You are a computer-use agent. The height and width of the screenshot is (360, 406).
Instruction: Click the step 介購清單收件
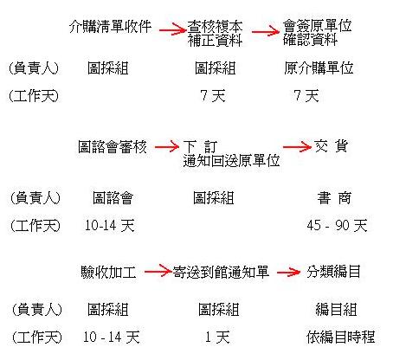click(x=110, y=27)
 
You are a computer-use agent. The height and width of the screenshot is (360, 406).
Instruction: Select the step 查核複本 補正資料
click(x=215, y=34)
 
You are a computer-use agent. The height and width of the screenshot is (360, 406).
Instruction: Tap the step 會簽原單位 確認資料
click(x=317, y=33)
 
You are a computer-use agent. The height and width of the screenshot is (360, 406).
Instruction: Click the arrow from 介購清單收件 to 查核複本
click(x=172, y=30)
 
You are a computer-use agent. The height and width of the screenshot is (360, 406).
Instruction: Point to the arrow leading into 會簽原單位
click(x=266, y=31)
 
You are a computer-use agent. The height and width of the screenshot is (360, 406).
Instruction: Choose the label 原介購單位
click(x=319, y=68)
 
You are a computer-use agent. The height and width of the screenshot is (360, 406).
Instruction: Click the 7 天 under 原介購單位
click(x=306, y=95)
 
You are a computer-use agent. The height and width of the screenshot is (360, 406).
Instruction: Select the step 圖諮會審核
click(x=113, y=146)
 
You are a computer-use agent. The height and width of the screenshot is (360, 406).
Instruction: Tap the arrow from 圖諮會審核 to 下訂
click(x=166, y=147)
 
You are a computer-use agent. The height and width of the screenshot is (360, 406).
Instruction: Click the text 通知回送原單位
click(x=231, y=160)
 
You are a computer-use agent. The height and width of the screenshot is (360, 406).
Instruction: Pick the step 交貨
click(x=331, y=146)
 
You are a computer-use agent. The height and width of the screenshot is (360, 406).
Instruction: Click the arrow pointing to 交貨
click(x=297, y=147)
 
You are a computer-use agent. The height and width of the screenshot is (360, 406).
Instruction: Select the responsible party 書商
click(x=334, y=198)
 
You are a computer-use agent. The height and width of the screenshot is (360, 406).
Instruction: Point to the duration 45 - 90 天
click(x=337, y=225)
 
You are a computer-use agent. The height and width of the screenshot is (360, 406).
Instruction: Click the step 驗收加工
click(x=108, y=273)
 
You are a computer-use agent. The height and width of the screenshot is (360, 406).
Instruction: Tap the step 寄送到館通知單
click(x=221, y=272)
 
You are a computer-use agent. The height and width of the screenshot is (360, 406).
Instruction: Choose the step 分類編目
click(x=333, y=272)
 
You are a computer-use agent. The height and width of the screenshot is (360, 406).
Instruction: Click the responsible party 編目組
click(x=336, y=310)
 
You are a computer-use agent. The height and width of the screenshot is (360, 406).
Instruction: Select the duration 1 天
click(x=217, y=337)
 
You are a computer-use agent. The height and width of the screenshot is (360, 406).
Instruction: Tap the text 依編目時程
click(x=340, y=337)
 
